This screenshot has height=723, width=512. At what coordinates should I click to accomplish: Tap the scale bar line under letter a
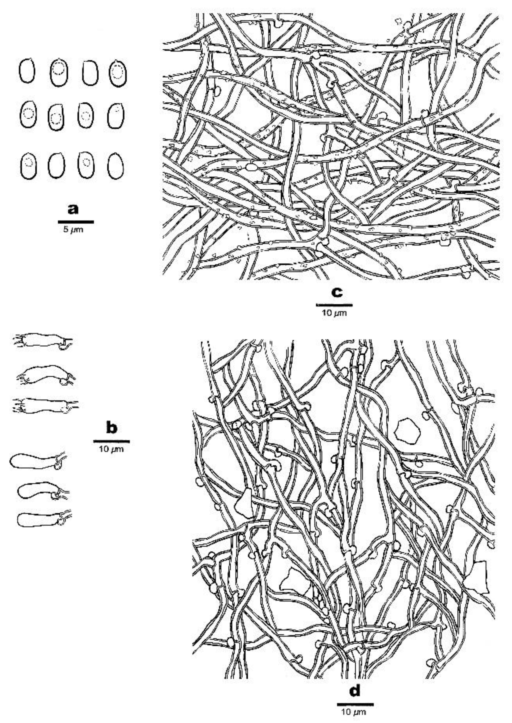[x=76, y=222]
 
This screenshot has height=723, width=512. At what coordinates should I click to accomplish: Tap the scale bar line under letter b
[x=112, y=441]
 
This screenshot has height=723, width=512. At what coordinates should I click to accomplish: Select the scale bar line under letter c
[x=334, y=305]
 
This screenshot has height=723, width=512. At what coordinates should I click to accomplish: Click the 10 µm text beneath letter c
[x=334, y=313]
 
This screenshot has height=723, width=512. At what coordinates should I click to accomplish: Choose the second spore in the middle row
[x=56, y=117]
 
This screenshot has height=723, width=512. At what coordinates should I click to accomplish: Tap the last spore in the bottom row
[x=115, y=166]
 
